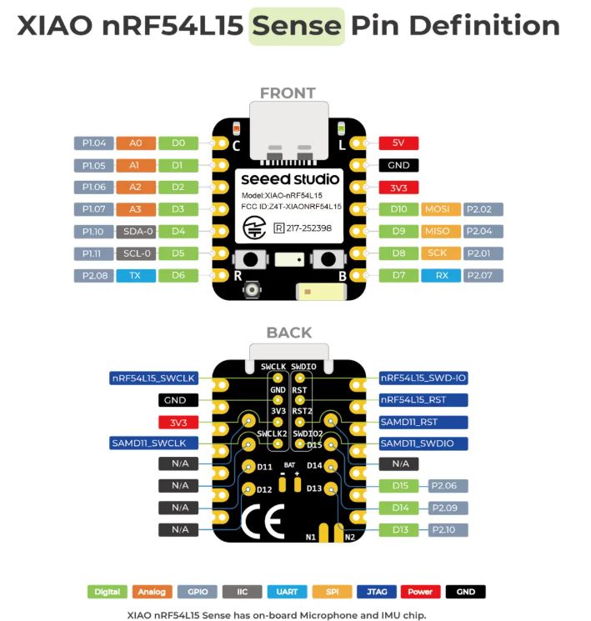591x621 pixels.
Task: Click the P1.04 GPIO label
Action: click(x=92, y=143)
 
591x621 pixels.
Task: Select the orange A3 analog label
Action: click(x=133, y=208)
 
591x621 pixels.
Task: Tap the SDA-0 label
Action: click(x=133, y=231)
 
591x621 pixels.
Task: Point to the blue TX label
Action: click(x=133, y=274)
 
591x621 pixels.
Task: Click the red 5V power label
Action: click(x=398, y=143)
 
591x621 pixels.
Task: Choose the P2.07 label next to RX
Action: click(x=483, y=274)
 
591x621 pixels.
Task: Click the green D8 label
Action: click(x=398, y=253)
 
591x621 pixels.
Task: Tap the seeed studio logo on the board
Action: click(x=290, y=178)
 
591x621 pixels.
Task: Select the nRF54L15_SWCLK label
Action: click(x=153, y=378)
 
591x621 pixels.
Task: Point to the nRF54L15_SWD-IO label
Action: click(x=423, y=378)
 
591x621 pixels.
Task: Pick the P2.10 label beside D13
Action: click(x=448, y=529)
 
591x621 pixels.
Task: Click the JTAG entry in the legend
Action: click(x=377, y=592)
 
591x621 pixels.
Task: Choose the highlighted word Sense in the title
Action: click(x=297, y=26)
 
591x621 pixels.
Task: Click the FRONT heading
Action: click(x=288, y=93)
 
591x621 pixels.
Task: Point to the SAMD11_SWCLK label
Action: click(x=153, y=443)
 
